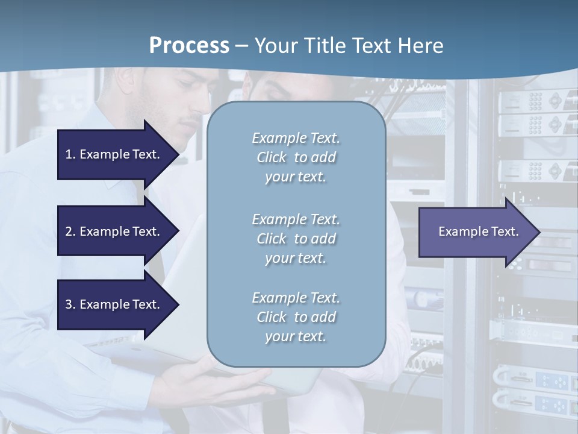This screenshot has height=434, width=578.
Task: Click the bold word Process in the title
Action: [x=189, y=46]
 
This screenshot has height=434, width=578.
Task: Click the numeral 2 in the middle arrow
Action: [x=69, y=231]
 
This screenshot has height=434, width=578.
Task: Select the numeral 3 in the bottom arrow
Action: [x=69, y=304]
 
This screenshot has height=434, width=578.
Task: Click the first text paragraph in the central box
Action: [x=296, y=157]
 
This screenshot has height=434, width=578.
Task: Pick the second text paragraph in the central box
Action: [x=296, y=239]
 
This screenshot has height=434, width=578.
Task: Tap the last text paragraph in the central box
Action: [x=296, y=317]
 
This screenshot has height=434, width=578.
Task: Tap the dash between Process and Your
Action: [x=242, y=46]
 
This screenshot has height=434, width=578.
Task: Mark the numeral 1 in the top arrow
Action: [x=69, y=154]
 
